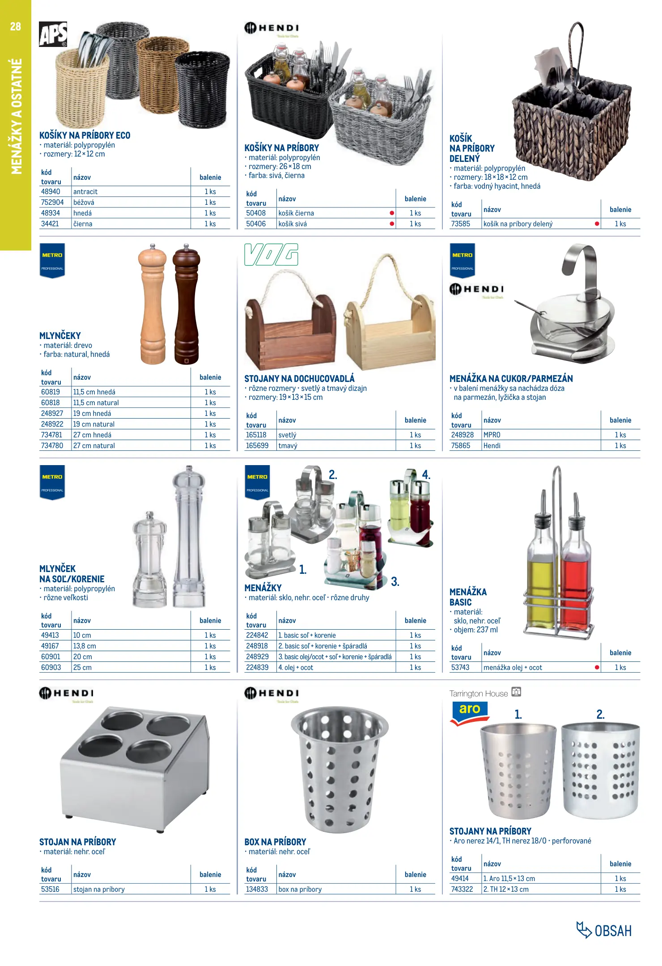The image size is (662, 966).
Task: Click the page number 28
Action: tap(15, 26)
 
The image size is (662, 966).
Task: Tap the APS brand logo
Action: tap(53, 34)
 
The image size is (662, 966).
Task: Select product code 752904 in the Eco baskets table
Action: tap(52, 202)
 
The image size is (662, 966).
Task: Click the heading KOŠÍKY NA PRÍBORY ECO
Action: tap(85, 136)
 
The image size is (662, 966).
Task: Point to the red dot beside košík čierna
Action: tap(392, 213)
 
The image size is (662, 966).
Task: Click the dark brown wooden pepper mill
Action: tap(187, 304)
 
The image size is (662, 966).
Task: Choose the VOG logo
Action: tap(271, 255)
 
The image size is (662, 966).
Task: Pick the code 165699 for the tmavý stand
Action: tap(257, 445)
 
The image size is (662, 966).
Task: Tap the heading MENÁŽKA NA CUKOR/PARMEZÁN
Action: tap(511, 379)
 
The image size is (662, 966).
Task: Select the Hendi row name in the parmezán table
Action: tap(492, 445)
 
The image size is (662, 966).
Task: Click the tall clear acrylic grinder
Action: tap(189, 537)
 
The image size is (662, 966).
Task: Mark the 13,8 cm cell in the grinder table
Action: tap(85, 646)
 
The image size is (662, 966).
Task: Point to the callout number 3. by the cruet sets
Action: tap(395, 581)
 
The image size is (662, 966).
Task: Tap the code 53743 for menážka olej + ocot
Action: tap(460, 667)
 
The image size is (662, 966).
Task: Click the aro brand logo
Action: tap(469, 711)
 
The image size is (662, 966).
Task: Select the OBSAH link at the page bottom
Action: tap(605, 931)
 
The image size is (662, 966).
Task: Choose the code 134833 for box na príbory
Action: tap(257, 889)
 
